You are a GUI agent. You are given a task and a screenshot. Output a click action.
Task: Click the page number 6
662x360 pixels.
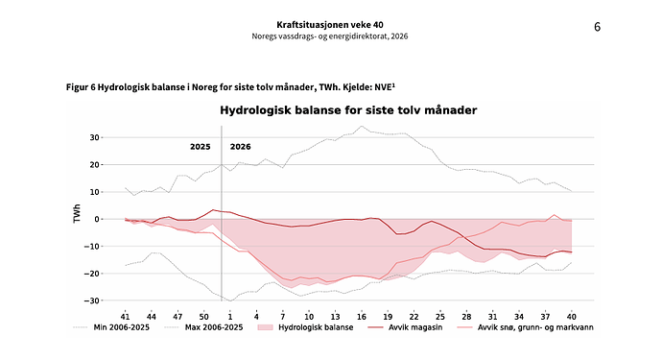point(597,27)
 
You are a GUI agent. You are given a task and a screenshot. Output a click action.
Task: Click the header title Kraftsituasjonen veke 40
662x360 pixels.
point(330,25)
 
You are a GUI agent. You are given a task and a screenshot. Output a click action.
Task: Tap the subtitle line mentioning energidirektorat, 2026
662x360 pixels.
point(330,36)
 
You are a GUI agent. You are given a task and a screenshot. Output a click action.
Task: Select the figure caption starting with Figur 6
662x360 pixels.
point(230,87)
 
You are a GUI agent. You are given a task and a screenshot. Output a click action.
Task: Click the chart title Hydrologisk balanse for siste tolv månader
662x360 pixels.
point(348,110)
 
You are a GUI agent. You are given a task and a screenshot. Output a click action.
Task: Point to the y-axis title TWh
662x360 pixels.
point(77,214)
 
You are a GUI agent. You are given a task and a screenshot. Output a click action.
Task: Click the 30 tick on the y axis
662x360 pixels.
point(94,137)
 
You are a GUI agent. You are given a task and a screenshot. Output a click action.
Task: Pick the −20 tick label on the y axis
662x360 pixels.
point(91,274)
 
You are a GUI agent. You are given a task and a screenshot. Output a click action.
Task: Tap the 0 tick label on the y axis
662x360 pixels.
point(97,219)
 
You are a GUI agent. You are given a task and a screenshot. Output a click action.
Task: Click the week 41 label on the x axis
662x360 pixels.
point(125,317)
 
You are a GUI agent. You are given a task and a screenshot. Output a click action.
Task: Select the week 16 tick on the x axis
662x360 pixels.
point(362,317)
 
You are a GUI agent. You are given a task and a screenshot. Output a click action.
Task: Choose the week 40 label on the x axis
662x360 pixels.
point(571,317)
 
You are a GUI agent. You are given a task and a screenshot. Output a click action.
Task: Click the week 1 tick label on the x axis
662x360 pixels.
point(230,317)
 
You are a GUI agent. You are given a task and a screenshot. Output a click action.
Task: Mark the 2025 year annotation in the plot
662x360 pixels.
point(201,147)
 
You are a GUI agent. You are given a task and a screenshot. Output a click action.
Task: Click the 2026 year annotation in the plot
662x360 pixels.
point(240,147)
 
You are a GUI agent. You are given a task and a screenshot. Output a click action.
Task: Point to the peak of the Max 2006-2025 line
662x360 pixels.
point(362,126)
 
